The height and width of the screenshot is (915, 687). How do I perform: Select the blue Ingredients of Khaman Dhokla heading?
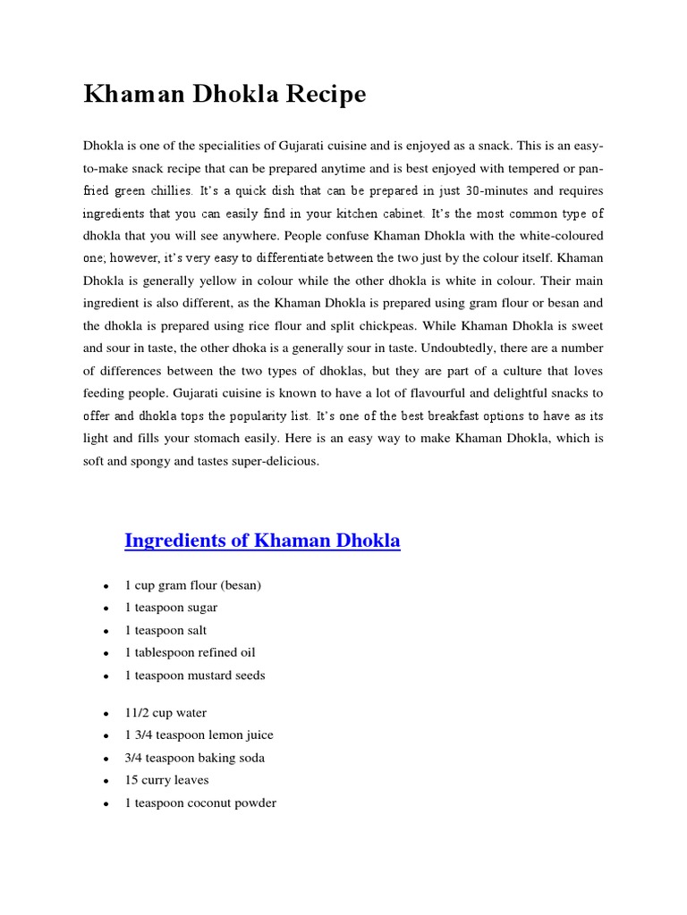[x=262, y=541]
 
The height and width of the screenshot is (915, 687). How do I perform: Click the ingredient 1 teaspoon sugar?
[x=171, y=608]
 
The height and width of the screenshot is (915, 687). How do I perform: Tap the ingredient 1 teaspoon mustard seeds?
[x=195, y=676]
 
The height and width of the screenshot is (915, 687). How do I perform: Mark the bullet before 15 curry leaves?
[x=106, y=781]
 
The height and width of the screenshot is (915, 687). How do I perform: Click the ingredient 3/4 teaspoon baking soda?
[x=194, y=758]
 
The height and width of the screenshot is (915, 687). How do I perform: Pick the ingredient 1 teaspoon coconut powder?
[x=200, y=803]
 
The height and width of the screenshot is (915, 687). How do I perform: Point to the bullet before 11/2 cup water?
[x=106, y=714]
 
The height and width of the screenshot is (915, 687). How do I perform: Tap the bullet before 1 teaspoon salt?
[x=106, y=631]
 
